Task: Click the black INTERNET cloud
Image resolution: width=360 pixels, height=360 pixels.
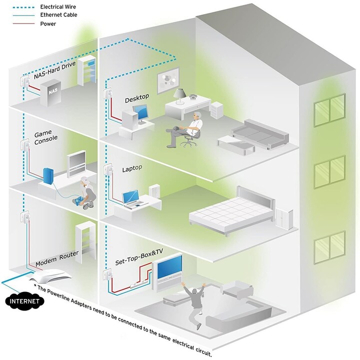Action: [x=25, y=301]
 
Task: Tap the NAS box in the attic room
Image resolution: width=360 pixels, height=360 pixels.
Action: [x=50, y=92]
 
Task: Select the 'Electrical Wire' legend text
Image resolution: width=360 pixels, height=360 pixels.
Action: [x=58, y=7]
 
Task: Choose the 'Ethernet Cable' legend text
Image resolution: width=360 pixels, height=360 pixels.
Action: [x=59, y=15]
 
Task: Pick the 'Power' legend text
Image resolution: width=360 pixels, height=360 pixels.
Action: [x=48, y=23]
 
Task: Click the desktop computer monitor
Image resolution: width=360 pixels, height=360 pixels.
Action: [x=140, y=114]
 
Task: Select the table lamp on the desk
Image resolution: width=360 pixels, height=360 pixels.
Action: [x=180, y=96]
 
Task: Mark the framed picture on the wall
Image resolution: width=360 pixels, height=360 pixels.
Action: [x=168, y=80]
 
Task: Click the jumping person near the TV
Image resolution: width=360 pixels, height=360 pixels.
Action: [x=194, y=303]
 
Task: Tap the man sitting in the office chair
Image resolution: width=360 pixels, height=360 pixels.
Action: [x=185, y=128]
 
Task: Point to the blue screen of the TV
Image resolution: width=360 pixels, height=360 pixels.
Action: [x=169, y=267]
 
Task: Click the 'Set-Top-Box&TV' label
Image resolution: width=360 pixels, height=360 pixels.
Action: [x=139, y=256]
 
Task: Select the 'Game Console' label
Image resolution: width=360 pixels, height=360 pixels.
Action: [x=45, y=137]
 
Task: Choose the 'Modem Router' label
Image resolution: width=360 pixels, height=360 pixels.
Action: [x=57, y=258]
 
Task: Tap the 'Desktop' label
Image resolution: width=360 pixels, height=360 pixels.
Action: [x=137, y=98]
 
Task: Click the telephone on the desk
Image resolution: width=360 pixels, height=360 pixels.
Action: [x=193, y=96]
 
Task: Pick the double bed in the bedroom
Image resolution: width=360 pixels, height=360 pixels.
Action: [x=232, y=210]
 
